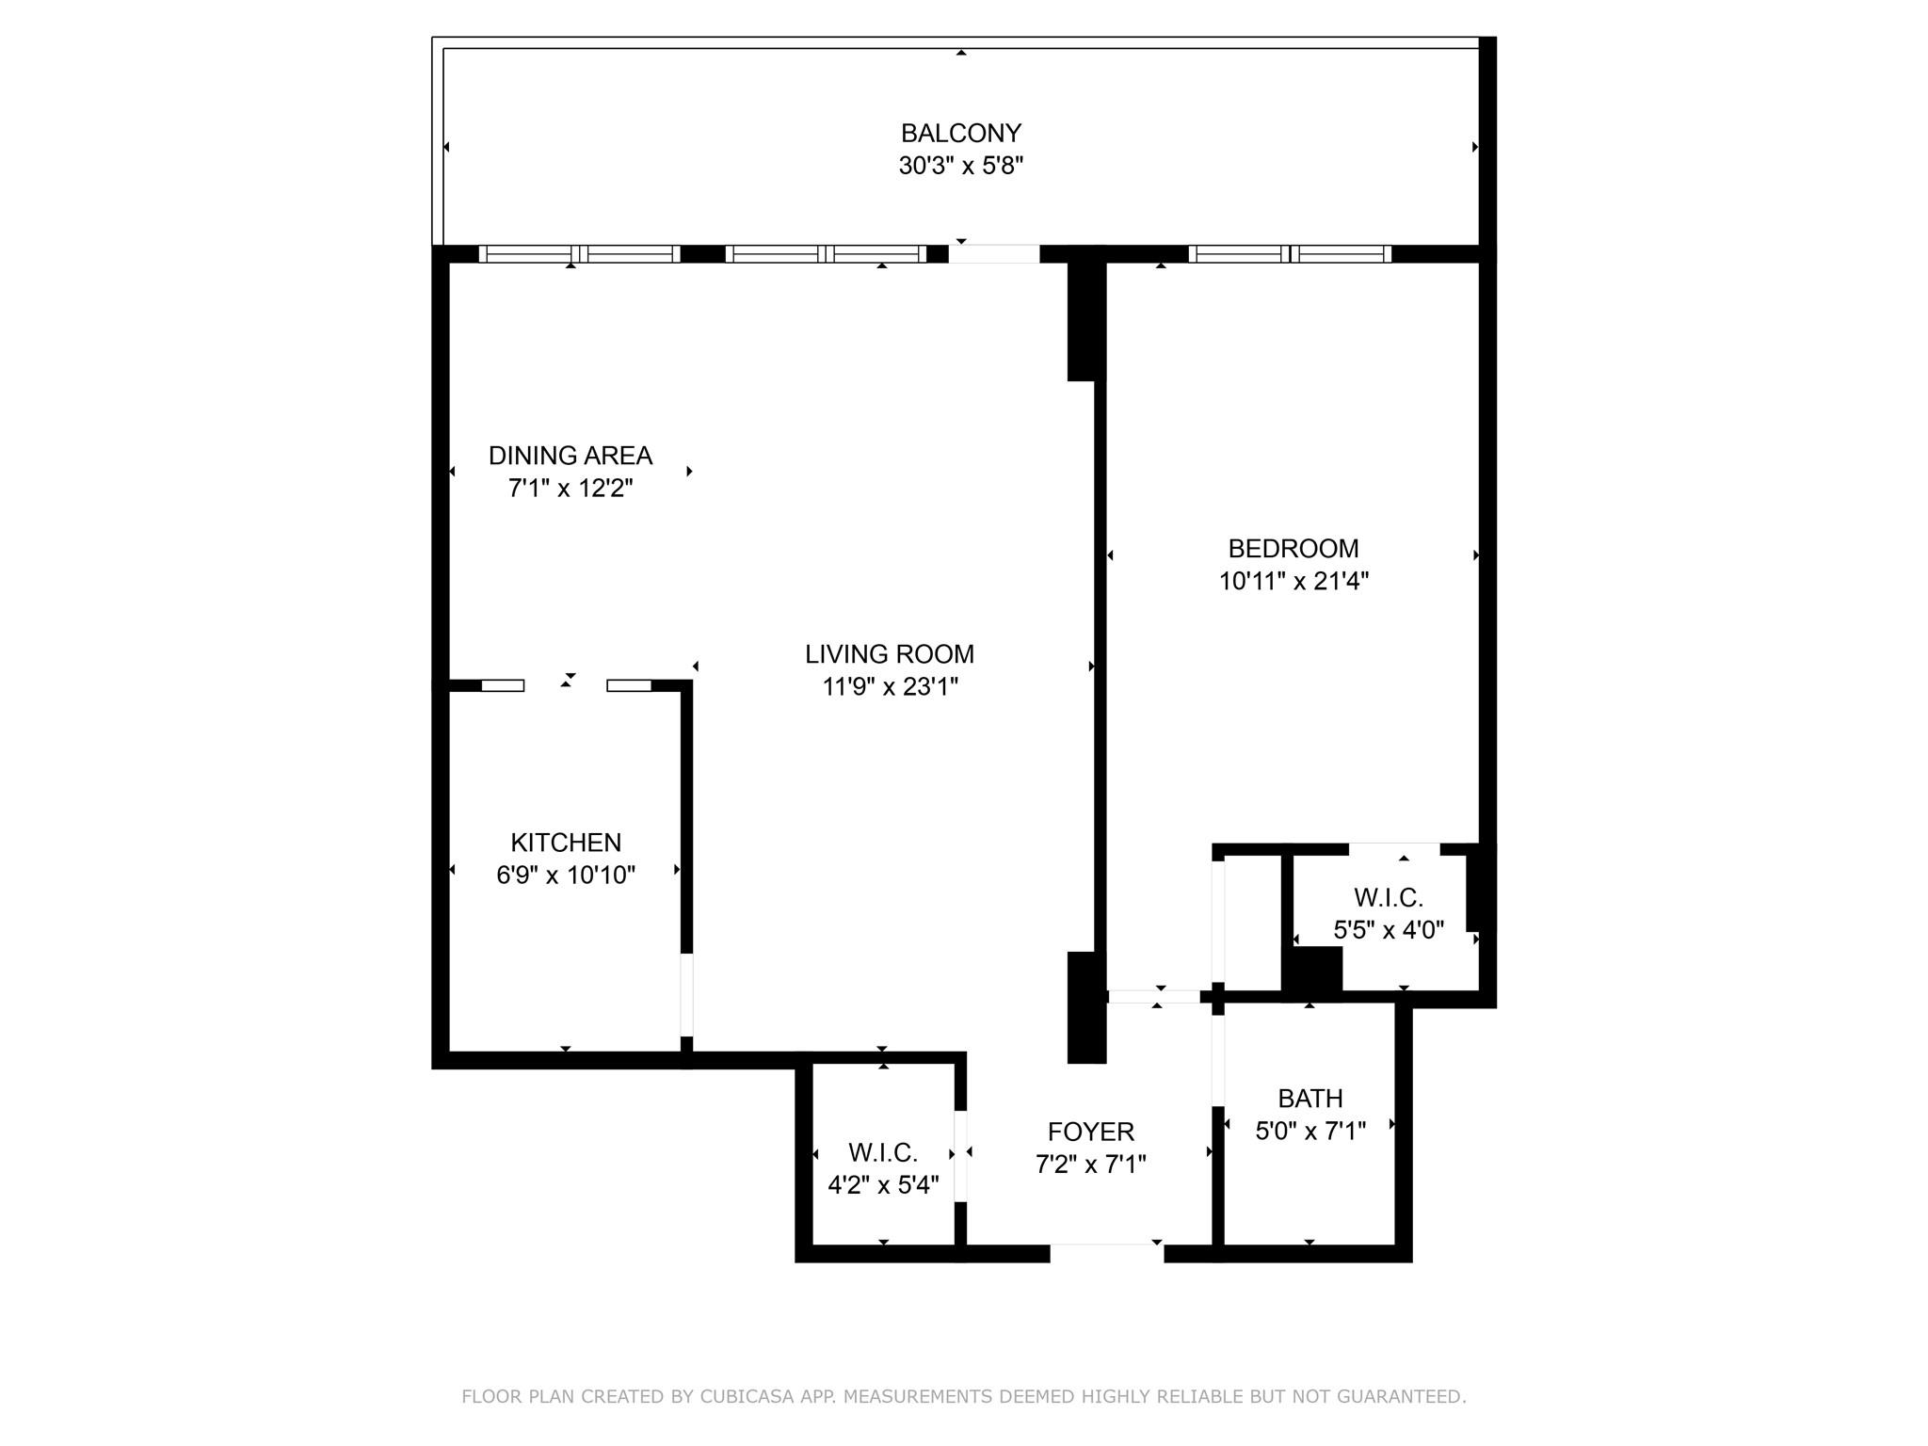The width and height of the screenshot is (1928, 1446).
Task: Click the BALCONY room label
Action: (x=960, y=134)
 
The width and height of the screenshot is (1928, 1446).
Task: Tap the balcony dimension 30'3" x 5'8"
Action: (x=960, y=167)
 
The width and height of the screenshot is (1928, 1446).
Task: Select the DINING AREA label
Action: (x=570, y=456)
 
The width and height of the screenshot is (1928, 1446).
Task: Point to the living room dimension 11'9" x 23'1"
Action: (x=890, y=687)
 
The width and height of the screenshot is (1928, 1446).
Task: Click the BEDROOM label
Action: (x=1293, y=549)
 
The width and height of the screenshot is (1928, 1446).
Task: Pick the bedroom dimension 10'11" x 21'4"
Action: (x=1293, y=582)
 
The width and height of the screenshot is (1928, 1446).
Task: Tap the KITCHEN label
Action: (x=566, y=843)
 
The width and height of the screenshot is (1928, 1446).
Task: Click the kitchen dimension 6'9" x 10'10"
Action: (x=566, y=876)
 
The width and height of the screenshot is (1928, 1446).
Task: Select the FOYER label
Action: (x=1090, y=1132)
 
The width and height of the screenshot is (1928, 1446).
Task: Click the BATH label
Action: (x=1309, y=1099)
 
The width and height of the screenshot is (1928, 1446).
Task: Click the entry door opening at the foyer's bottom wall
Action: (x=1106, y=1253)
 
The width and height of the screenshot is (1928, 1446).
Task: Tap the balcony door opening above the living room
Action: (x=993, y=254)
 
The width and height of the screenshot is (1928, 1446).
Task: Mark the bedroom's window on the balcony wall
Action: (x=1290, y=254)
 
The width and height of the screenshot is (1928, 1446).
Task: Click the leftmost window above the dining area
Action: (x=579, y=254)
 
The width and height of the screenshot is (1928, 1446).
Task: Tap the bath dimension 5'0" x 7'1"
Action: (x=1309, y=1132)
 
